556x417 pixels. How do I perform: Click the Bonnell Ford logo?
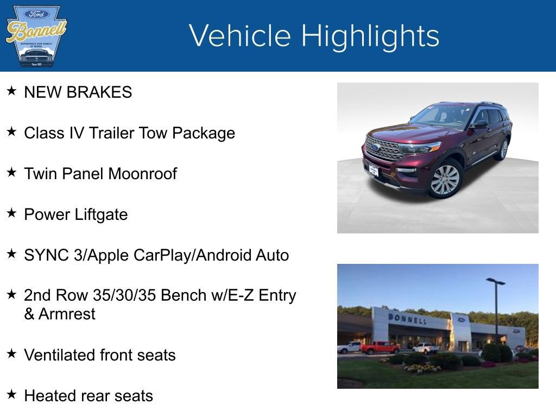point(36,36)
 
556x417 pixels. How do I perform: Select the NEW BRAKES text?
point(78,92)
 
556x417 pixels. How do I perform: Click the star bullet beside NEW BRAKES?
point(11,91)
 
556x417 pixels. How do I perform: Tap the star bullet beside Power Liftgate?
point(11,213)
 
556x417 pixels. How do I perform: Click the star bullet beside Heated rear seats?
point(11,395)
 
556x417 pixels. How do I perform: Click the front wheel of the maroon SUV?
point(445,180)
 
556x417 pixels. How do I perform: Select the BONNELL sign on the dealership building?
point(407,318)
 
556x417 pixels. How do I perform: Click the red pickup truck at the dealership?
point(380,347)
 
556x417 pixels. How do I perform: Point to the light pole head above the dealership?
point(495,281)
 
